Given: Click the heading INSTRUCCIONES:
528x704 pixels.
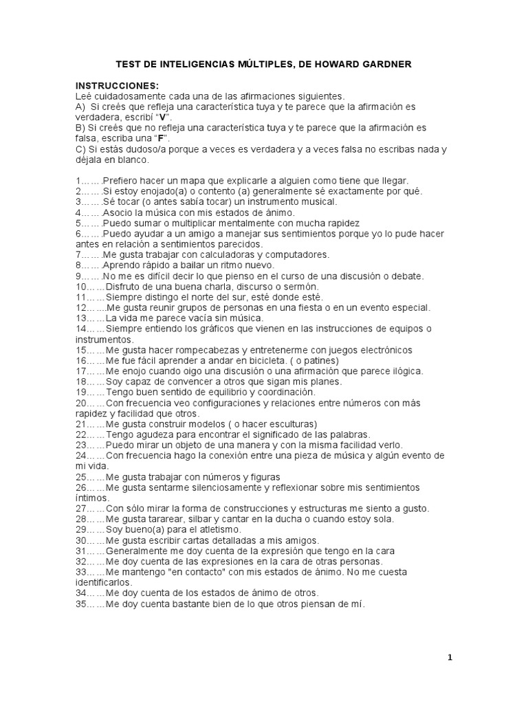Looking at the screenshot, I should tap(117, 85).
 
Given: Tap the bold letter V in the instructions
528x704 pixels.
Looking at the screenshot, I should tap(164, 117).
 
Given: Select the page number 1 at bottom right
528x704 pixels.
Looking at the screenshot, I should tap(450, 657).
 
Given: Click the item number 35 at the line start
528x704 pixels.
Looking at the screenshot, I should tap(82, 604).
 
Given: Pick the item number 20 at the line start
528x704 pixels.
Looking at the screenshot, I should tap(82, 403).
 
